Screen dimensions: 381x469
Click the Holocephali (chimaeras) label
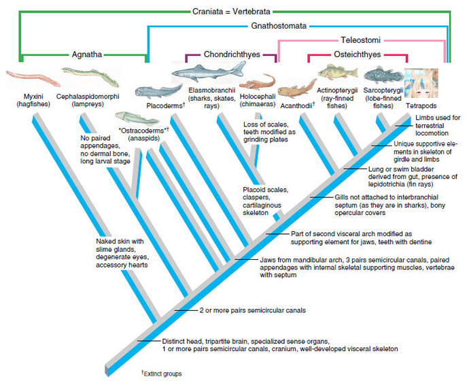[x=256, y=101]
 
